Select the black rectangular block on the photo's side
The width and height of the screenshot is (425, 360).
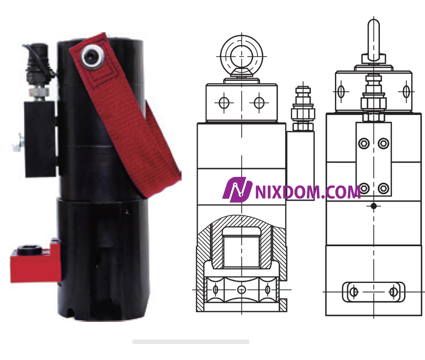coord(39,138)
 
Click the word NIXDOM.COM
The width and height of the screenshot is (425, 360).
coord(308,192)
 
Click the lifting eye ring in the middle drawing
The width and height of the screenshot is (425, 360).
coord(241,56)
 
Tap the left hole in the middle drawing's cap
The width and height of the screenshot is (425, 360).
coord(224,103)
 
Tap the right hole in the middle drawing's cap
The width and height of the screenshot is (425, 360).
coord(259,103)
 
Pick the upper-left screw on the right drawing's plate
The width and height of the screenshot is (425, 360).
coord(364,143)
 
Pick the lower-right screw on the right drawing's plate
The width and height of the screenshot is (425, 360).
coord(383,188)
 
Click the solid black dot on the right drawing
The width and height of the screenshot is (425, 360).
coord(373,206)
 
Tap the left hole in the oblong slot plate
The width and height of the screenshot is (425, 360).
coord(354,292)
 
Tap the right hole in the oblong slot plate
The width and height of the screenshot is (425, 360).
coord(393,292)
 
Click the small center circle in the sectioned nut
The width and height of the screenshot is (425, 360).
coord(241,289)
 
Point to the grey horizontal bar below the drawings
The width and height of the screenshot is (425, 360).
coord(190,342)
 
